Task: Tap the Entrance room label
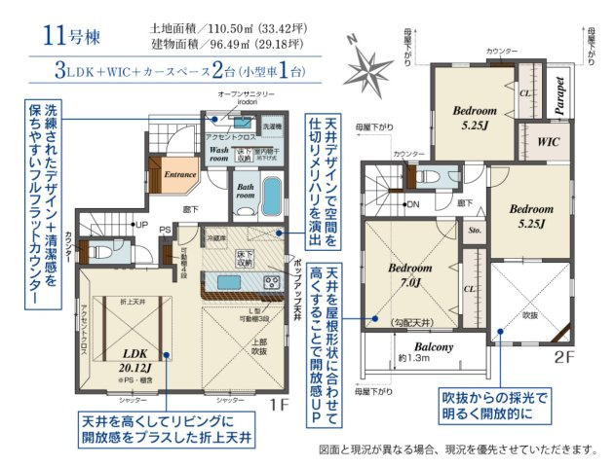click(x=179, y=175)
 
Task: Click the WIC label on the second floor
click(x=546, y=140)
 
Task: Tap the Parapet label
click(x=560, y=96)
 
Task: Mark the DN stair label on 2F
click(x=411, y=204)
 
